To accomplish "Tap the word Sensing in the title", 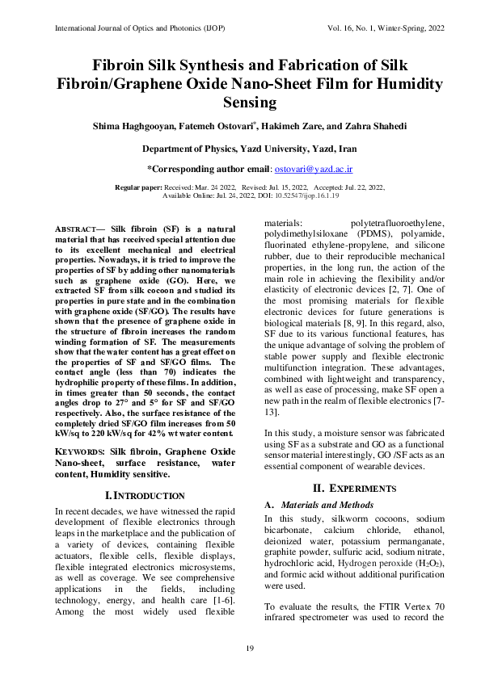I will (x=240, y=103).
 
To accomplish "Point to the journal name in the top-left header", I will (x=130, y=28).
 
